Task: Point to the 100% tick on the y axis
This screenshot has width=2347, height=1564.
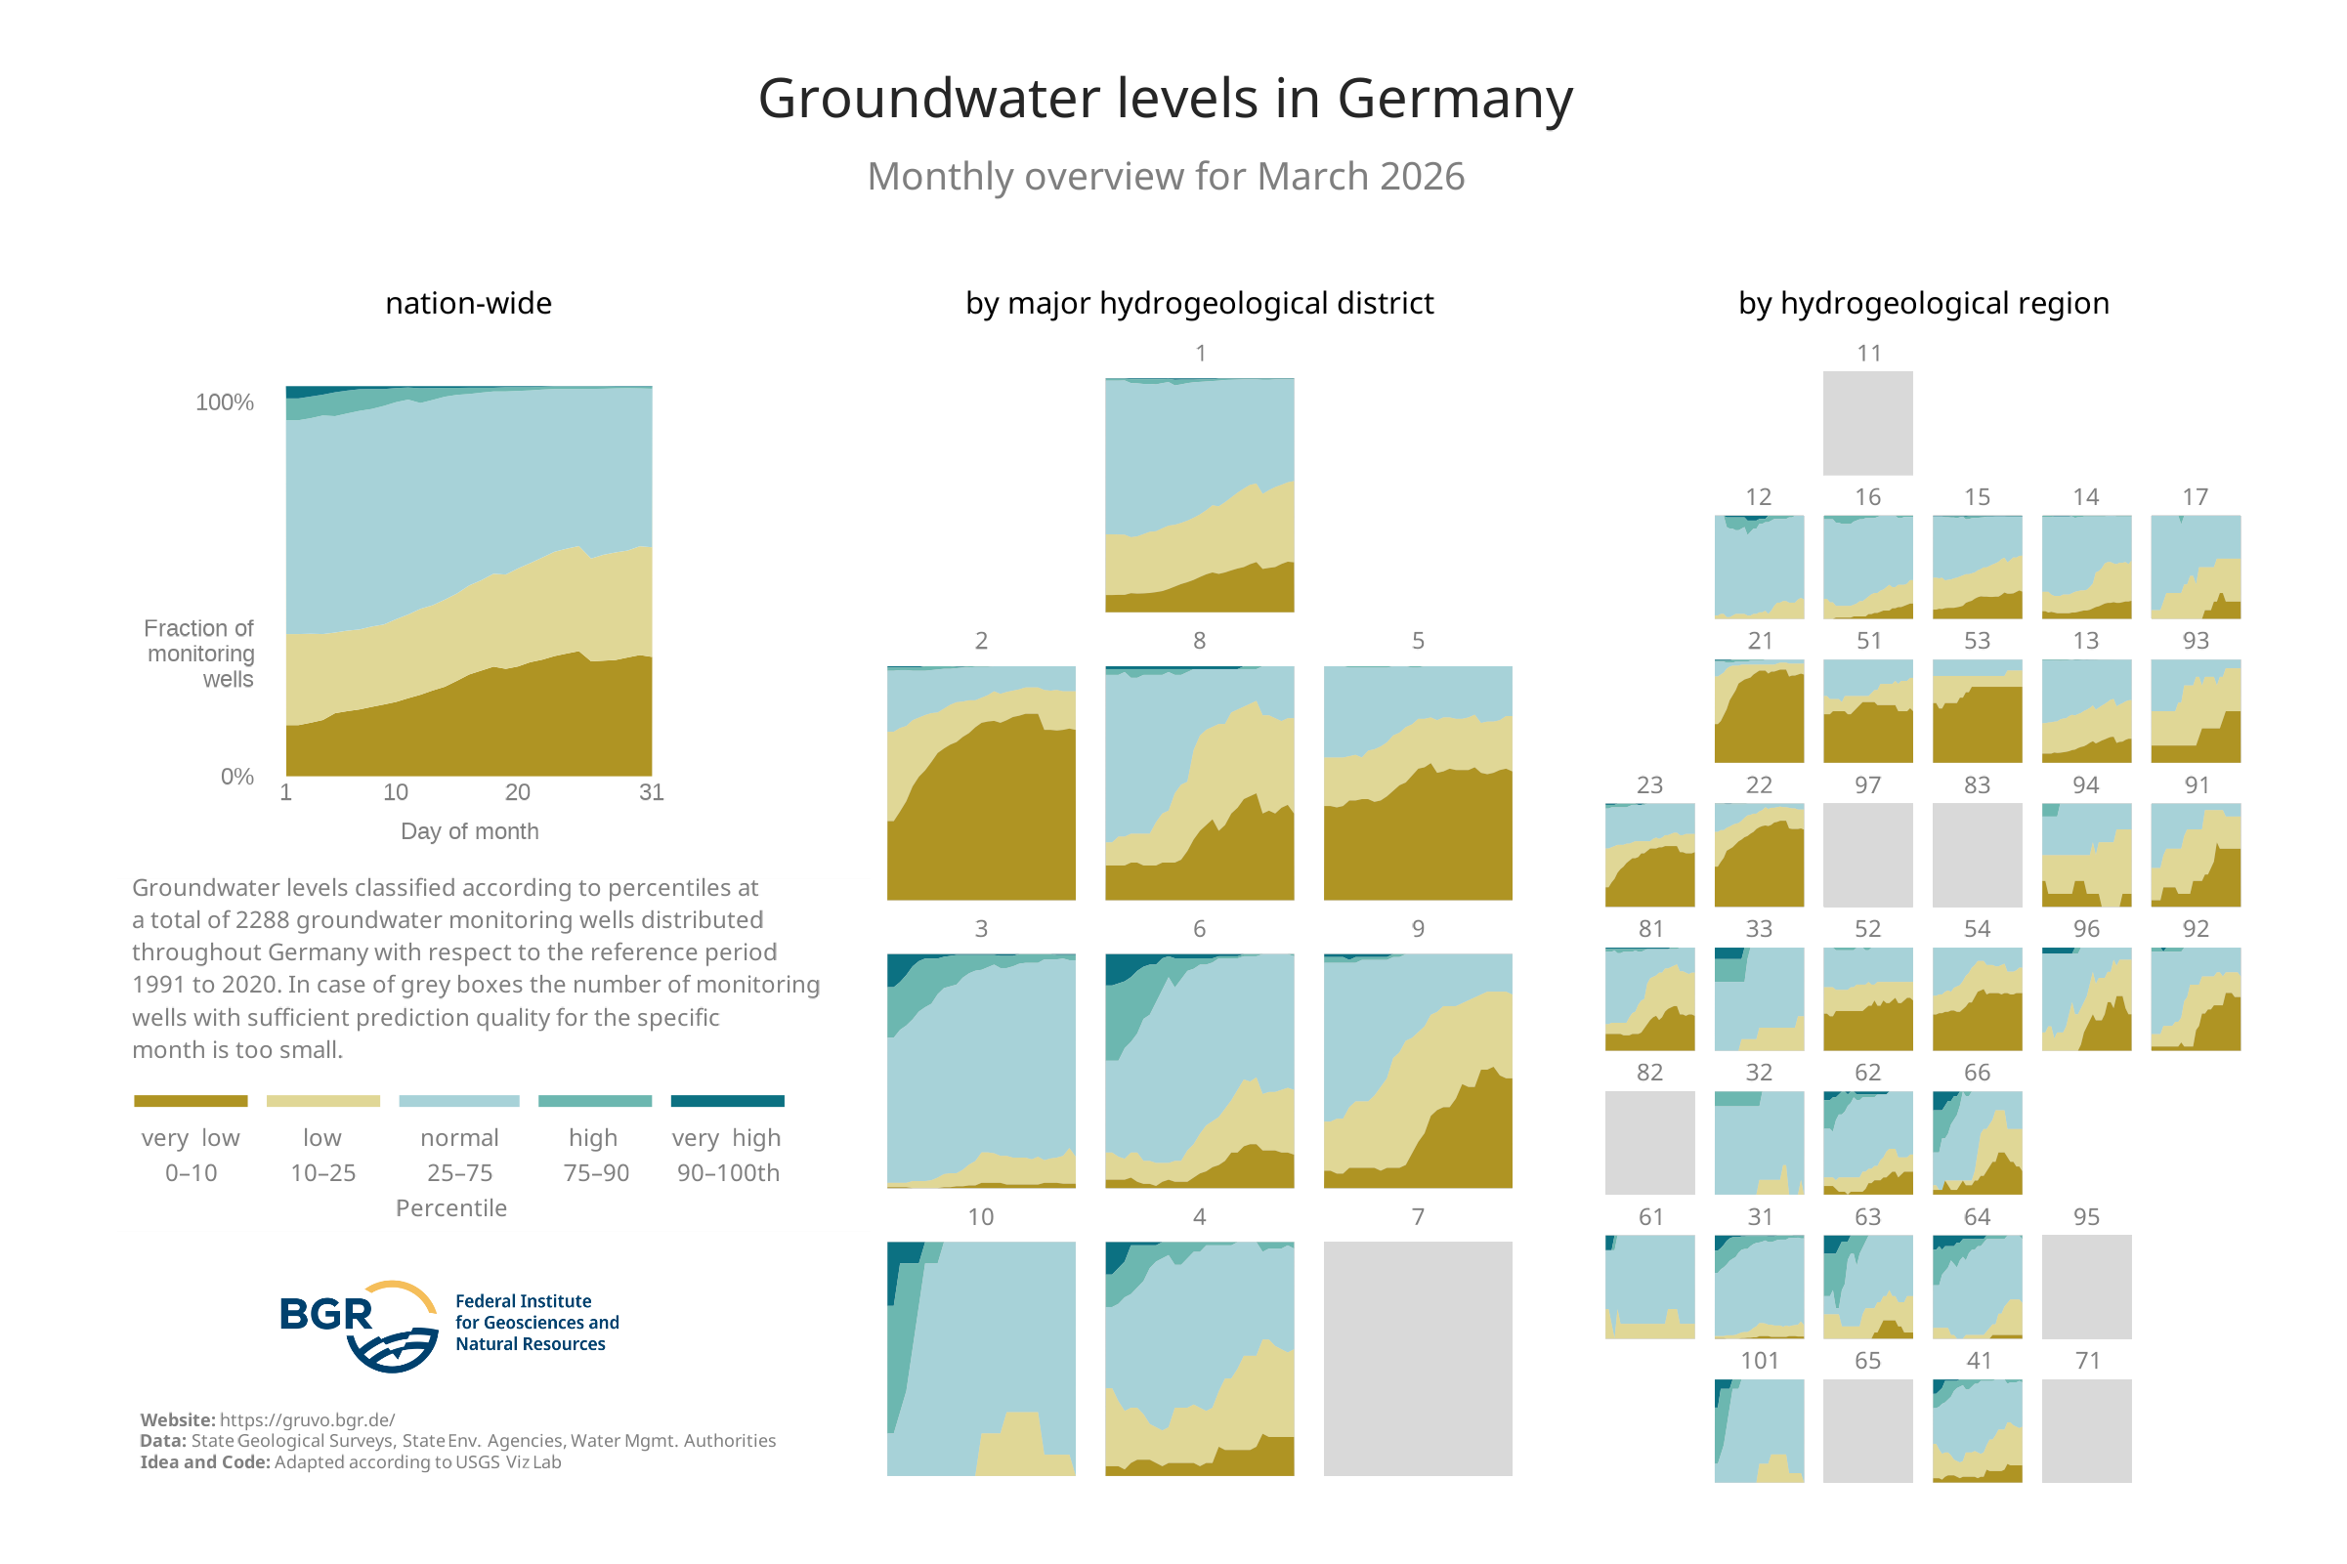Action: click(x=226, y=404)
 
